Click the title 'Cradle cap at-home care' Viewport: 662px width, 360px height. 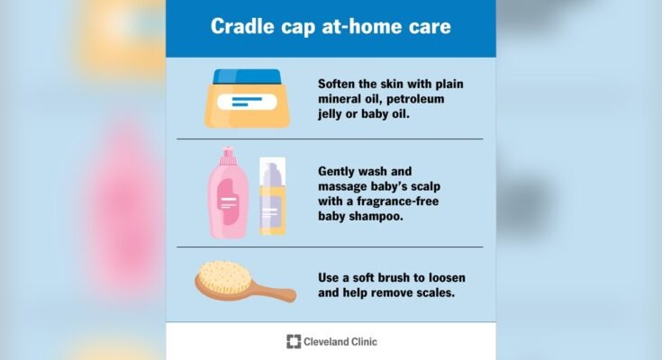click(331, 26)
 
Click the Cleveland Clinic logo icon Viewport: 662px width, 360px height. click(294, 341)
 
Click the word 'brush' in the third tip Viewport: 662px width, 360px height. click(396, 274)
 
